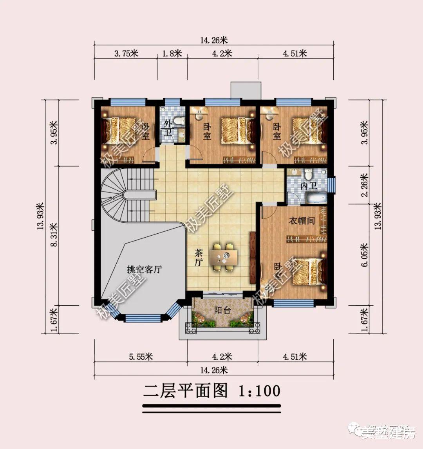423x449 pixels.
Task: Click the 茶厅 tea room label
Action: (x=198, y=258)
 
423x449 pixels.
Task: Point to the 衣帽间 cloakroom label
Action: (x=302, y=221)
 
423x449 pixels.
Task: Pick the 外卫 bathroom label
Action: (x=168, y=128)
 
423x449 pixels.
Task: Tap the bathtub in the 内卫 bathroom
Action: (x=316, y=198)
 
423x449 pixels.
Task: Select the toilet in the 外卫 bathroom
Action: (x=178, y=121)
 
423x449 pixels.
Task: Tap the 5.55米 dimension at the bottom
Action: (x=141, y=357)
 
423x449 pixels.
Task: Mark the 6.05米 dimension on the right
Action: (x=364, y=255)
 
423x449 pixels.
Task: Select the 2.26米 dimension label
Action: (x=364, y=185)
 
